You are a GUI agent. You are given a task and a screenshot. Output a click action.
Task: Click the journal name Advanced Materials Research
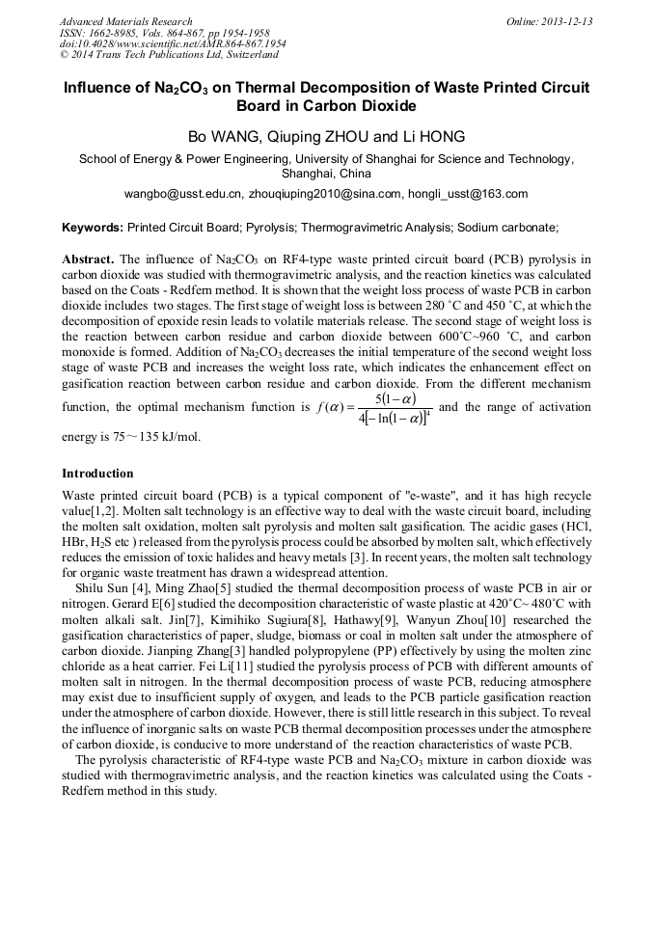coord(125,21)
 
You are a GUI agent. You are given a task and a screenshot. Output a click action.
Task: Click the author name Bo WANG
coord(225,136)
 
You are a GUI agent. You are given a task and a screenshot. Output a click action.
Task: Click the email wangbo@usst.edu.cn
coord(184,194)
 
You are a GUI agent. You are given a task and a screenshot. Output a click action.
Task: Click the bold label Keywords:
coord(93,229)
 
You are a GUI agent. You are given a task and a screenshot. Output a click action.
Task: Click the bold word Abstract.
coord(89,260)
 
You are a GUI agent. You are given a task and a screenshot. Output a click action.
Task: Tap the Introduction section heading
coord(97,474)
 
